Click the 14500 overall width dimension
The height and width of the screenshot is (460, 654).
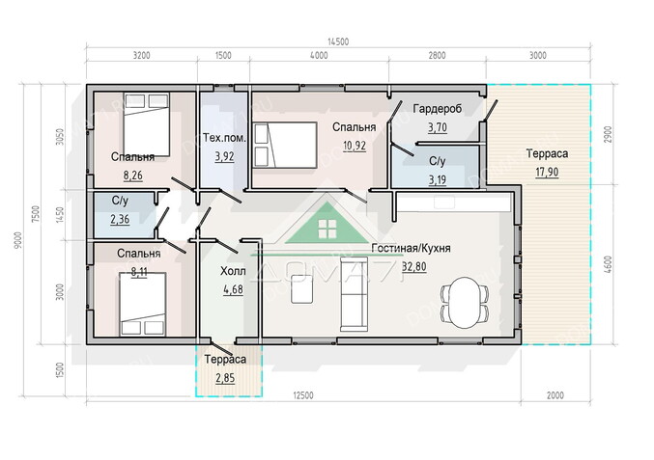coord(338,41)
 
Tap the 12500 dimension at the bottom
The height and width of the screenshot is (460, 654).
coord(303,395)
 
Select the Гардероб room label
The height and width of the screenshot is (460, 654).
coord(438,109)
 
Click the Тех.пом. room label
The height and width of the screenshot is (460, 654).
coord(224,138)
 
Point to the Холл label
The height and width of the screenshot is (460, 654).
coord(233,271)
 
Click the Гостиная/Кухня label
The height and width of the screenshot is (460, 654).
coord(411,248)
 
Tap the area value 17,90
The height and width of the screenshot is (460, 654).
coord(547,172)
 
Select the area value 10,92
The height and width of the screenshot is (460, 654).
coord(355,146)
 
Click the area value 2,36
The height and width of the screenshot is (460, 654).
coord(120,219)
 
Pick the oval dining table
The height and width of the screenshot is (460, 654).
coord(465,302)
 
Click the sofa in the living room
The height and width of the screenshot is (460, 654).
coord(355,293)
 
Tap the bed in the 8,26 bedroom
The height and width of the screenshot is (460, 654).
coord(147,124)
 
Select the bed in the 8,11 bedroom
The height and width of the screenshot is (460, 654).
coord(143,305)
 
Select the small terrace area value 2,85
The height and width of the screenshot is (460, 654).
coord(225,378)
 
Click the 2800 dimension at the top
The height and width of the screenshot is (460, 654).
coord(437,55)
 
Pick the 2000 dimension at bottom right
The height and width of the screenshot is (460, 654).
coord(555,395)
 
